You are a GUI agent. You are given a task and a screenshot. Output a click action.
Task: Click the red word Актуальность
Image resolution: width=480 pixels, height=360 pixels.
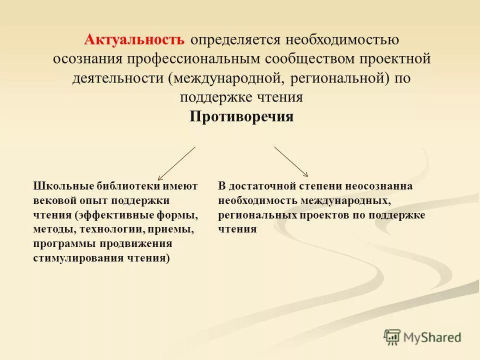click(x=134, y=39)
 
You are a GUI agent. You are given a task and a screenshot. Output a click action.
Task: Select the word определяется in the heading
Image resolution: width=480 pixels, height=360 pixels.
click(x=235, y=40)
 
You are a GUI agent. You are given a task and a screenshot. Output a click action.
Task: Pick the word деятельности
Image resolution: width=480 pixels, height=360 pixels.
click(x=117, y=78)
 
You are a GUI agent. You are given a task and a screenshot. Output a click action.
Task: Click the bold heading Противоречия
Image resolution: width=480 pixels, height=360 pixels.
click(x=241, y=116)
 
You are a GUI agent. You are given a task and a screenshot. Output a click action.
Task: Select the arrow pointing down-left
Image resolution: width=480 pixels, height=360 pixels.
click(x=176, y=163)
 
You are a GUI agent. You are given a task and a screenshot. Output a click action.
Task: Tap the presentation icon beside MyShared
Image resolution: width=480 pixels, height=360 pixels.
click(x=392, y=336)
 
